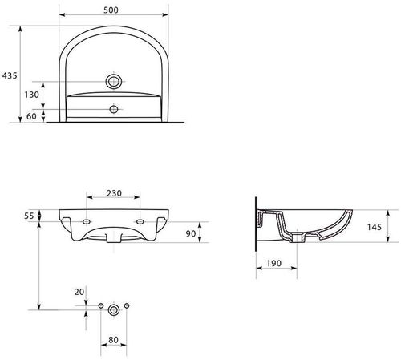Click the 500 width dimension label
pyautogui.click(x=113, y=10)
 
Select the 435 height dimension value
pyautogui.click(x=9, y=73)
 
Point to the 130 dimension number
pyautogui.click(x=31, y=95)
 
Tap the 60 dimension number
pyautogui.click(x=31, y=116)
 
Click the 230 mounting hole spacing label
pyautogui.click(x=113, y=193)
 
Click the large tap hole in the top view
pyautogui.click(x=114, y=83)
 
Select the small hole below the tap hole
pyautogui.click(x=114, y=107)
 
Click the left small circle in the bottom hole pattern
pyautogui.click(x=100, y=308)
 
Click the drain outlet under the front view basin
pyautogui.click(x=114, y=238)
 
